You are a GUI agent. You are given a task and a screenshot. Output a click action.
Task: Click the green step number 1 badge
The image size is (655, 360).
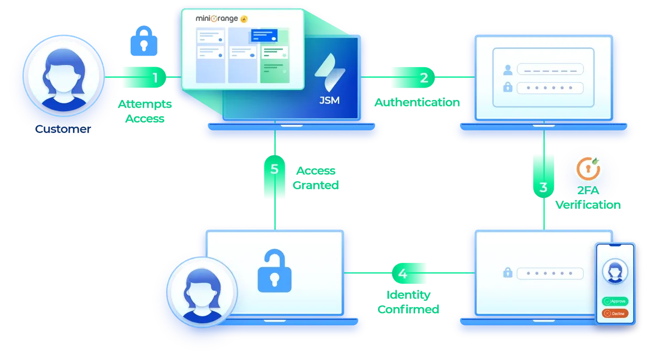pyautogui.click(x=154, y=78)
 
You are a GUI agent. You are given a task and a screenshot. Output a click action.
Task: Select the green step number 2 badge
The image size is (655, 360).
pyautogui.click(x=423, y=78)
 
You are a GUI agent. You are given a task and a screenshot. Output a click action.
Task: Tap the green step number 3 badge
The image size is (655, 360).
pyautogui.click(x=543, y=187)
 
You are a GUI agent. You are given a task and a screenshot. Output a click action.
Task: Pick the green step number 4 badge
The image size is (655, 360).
pyautogui.click(x=403, y=273)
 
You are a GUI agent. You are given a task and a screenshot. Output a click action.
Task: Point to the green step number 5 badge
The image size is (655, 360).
pyautogui.click(x=274, y=170)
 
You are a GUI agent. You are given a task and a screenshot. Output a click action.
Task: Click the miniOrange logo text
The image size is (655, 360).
pyautogui.click(x=218, y=18)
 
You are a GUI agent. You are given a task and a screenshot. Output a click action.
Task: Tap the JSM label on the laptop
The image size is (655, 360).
pyautogui.click(x=329, y=100)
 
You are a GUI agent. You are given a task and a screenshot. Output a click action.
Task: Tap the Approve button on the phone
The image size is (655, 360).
pyautogui.click(x=615, y=301)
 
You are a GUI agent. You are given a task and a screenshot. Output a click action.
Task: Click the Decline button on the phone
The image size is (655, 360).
pyautogui.click(x=615, y=313)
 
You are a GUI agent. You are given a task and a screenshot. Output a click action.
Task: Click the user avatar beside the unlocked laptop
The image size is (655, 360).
pyautogui.click(x=202, y=290)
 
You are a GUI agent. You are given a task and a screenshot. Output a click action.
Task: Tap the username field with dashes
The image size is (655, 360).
pyautogui.click(x=550, y=69)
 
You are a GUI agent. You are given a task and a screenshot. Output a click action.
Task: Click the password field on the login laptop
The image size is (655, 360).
pyautogui.click(x=550, y=88)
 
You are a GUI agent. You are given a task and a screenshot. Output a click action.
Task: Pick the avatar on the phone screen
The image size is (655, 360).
pyautogui.click(x=614, y=272)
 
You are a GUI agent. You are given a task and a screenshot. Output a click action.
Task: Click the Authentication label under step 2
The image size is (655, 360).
pyautogui.click(x=418, y=102)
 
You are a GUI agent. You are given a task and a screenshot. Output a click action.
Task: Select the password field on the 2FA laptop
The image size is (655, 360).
pyautogui.click(x=550, y=273)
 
